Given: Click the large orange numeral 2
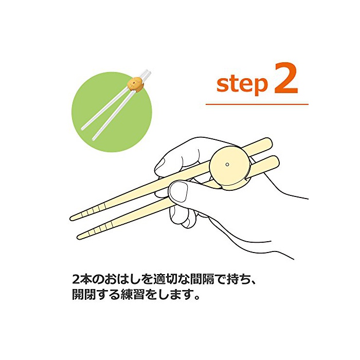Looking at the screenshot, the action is tap(286, 78).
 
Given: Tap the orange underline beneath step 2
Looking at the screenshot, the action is tap(257, 104).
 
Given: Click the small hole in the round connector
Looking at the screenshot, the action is tap(227, 164).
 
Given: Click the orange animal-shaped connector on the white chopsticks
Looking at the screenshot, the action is tap(135, 84).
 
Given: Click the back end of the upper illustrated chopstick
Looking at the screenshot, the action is tap(268, 142).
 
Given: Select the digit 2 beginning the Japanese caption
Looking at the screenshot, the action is tap(76, 279).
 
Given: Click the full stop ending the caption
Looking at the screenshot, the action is tap(196, 298).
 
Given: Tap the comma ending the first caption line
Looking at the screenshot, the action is tap(253, 282).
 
